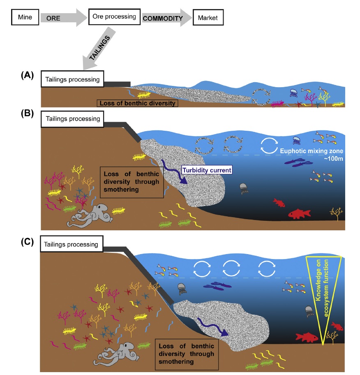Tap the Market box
coord(208,18)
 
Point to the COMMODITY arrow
coord(166,18)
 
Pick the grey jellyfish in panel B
coord(244,188)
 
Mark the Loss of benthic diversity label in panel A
coord(137,103)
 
